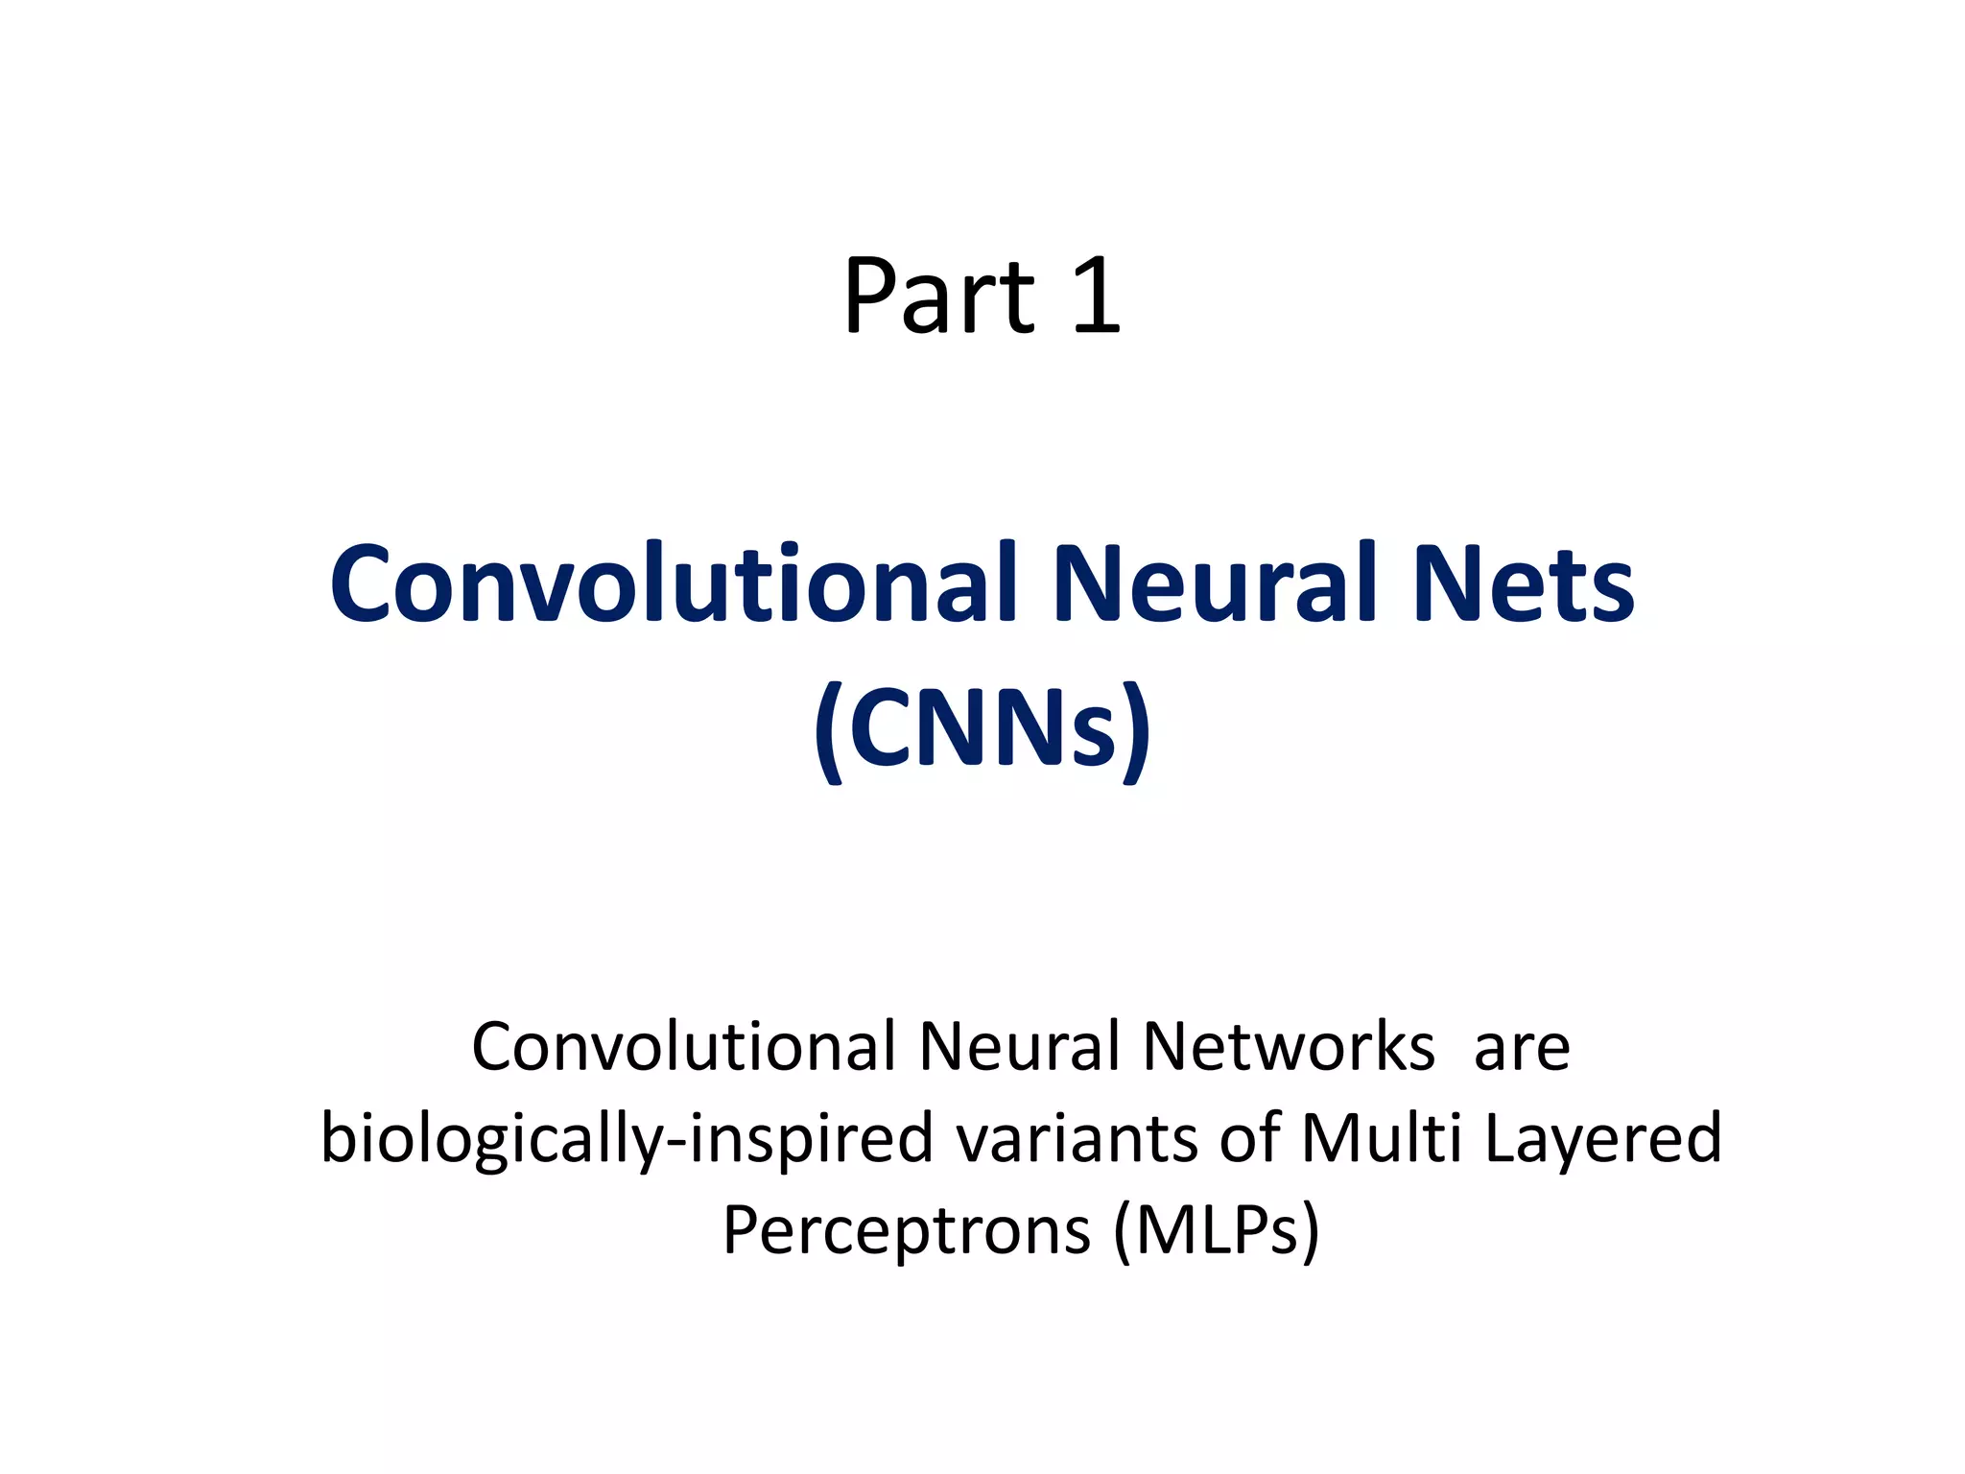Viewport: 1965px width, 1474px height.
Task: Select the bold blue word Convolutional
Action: coord(673,583)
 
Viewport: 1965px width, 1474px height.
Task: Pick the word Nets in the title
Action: coord(1524,583)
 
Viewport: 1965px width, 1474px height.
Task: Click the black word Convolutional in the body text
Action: coord(683,1046)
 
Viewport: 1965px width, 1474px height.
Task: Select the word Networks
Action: coord(1289,1046)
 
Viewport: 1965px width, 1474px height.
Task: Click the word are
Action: coord(1522,1046)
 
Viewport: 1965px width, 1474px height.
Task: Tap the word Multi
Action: coord(1382,1138)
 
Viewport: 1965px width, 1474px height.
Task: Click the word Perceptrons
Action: coord(907,1231)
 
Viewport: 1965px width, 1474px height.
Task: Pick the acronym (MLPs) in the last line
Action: coord(1217,1231)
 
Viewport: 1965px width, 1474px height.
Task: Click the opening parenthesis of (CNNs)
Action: coord(829,731)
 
